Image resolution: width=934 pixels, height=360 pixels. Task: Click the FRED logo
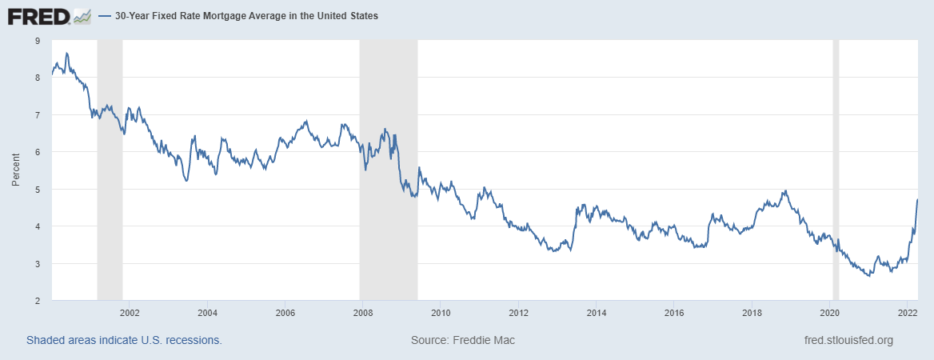[x=38, y=15]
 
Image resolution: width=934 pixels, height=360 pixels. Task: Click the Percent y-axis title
[x=16, y=170]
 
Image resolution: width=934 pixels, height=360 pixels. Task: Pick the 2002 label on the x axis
[x=130, y=312]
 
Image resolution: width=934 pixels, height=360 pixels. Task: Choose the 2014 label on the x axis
[x=596, y=312]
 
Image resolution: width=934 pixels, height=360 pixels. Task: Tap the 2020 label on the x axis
[x=829, y=312]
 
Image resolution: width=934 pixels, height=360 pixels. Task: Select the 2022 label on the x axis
[x=907, y=312]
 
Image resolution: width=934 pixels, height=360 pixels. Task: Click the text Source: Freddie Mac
[x=463, y=341]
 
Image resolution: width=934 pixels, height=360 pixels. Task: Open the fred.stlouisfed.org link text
[x=848, y=341]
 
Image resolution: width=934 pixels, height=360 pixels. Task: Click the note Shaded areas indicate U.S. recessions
[x=124, y=341]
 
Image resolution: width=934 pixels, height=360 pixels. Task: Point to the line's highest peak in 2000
[x=66, y=53]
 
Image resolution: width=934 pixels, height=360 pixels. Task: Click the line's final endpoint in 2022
[x=917, y=199]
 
